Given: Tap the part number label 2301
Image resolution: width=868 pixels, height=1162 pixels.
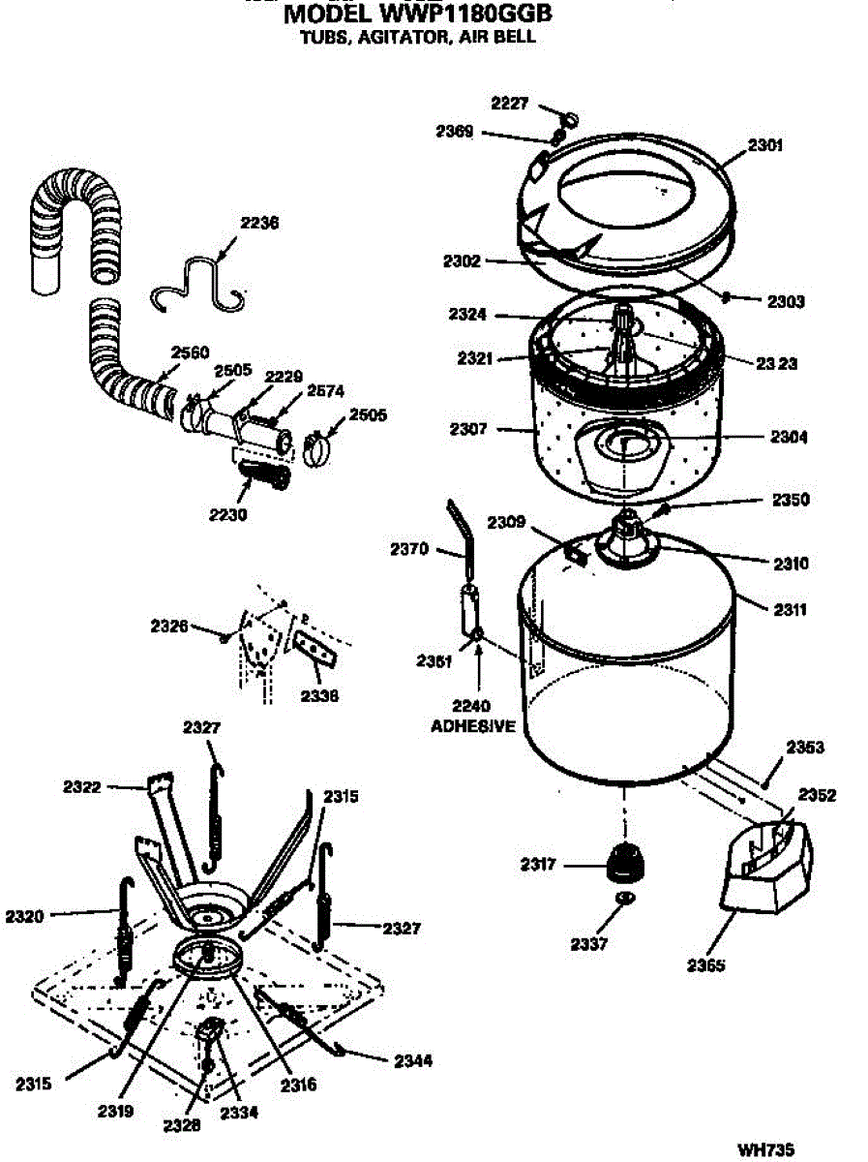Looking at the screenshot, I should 765,146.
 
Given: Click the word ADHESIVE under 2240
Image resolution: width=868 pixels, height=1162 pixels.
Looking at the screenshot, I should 473,726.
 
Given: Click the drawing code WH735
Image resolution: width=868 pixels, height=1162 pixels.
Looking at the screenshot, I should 766,1150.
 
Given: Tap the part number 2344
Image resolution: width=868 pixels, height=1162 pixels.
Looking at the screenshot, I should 413,1060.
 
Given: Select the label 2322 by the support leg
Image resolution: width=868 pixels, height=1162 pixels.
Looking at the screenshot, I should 83,787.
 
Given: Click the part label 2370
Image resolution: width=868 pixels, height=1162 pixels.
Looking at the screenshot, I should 410,549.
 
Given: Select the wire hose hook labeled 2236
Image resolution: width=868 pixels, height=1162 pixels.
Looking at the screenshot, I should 199,283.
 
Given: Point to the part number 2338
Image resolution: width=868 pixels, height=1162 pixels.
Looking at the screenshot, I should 319,694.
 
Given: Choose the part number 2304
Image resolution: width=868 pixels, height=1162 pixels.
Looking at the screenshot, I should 790,437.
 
